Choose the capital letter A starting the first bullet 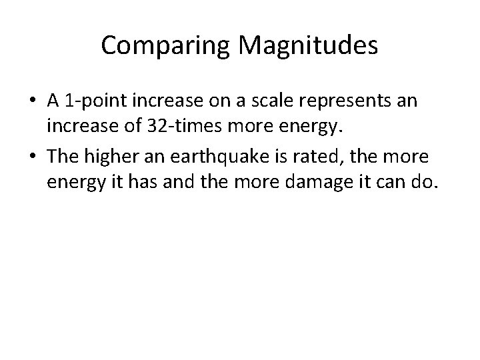click(53, 101)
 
